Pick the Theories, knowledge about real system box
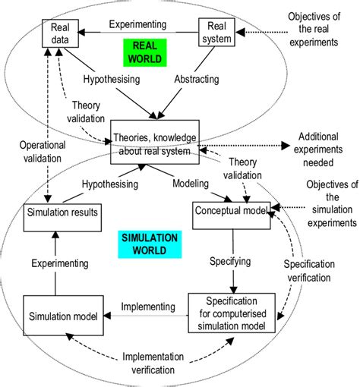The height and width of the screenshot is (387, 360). click(155, 141)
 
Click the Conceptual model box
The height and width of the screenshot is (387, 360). click(233, 212)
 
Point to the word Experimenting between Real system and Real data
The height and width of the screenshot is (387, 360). click(141, 23)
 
